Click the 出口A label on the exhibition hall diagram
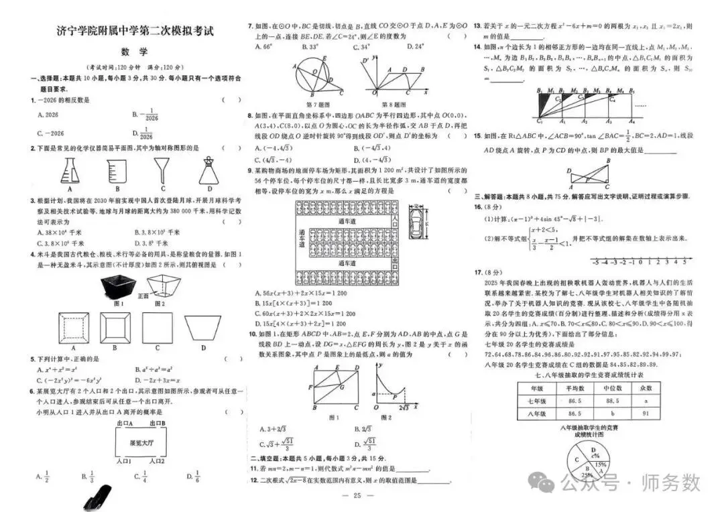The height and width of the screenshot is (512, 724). click(x=123, y=424)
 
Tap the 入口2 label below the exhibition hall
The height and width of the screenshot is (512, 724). click(x=157, y=462)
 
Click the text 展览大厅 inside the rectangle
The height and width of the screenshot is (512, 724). click(x=141, y=442)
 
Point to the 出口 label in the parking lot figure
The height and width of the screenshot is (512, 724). click(x=394, y=262)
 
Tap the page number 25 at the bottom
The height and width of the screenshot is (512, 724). click(x=357, y=496)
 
